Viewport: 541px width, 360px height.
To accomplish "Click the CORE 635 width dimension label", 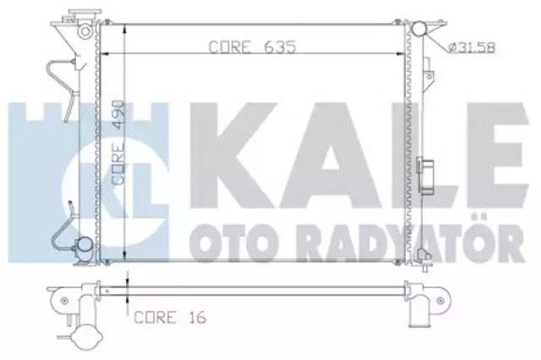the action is [252, 46].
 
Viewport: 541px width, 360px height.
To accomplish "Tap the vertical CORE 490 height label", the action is [118, 142].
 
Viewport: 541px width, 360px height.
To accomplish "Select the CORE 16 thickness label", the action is [170, 317].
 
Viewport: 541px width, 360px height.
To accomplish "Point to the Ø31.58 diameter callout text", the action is [472, 47].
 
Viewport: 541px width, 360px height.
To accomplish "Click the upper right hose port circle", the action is [418, 29].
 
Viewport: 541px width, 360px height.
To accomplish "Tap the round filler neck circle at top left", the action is [85, 31].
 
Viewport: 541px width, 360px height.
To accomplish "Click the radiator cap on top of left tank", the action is [85, 14].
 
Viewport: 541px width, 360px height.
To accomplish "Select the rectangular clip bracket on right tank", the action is [426, 176].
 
